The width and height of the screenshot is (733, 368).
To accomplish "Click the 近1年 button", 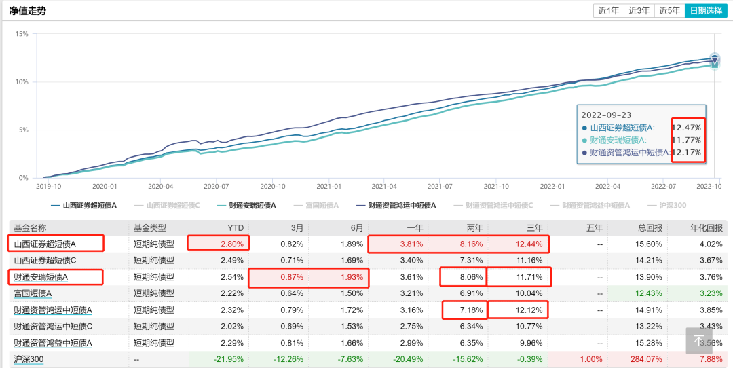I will tap(607, 10).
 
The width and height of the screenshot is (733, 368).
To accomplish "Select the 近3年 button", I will tap(638, 10).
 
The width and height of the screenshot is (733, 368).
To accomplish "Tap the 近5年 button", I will tap(669, 10).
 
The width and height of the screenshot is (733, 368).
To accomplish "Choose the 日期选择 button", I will tap(705, 10).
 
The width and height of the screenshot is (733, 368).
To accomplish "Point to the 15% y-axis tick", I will tap(21, 34).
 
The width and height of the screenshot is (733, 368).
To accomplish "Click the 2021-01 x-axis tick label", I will tap(328, 185).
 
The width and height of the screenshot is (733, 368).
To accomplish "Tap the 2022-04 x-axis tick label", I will tap(607, 185).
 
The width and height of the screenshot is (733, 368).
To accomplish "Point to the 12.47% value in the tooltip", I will tap(687, 127).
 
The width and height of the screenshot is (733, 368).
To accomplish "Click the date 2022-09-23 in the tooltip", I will tap(606, 115).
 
